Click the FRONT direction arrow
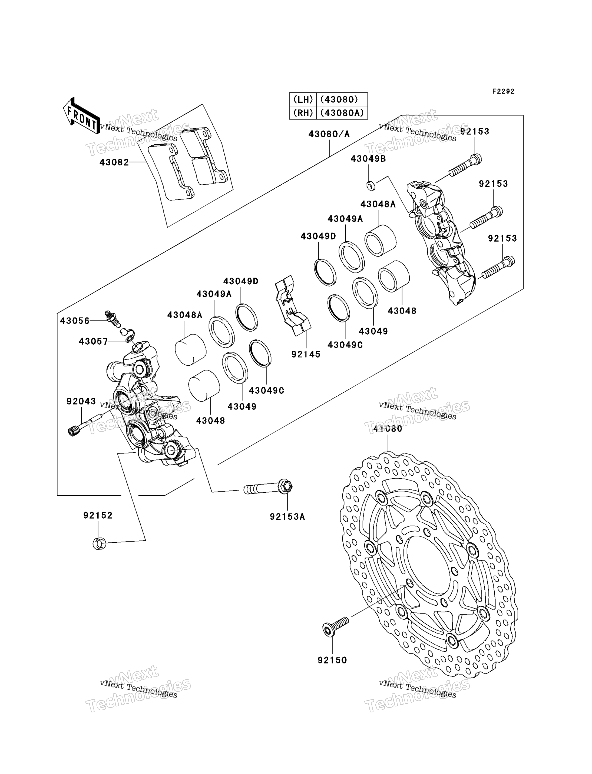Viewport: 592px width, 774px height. coord(81,115)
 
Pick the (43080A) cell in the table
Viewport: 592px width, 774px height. coord(342,113)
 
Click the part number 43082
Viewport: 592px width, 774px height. coord(114,162)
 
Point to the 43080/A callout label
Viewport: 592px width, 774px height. coord(329,134)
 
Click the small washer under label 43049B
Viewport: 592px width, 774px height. coord(371,186)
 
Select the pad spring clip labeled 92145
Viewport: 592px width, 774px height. coord(292,306)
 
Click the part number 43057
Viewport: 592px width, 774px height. coord(93,341)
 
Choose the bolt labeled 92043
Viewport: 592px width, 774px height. coord(85,425)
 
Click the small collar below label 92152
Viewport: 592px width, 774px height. coord(99,543)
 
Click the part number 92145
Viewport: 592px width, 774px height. coord(306,354)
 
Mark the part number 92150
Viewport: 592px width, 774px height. coord(332,660)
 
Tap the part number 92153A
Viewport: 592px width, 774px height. coord(287,517)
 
